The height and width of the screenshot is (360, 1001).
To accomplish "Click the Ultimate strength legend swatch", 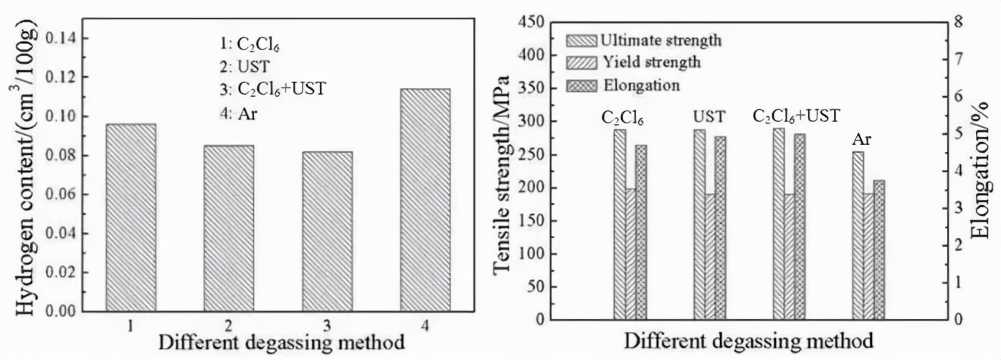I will coord(581,39).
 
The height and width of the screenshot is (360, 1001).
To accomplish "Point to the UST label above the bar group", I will coord(709,116).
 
